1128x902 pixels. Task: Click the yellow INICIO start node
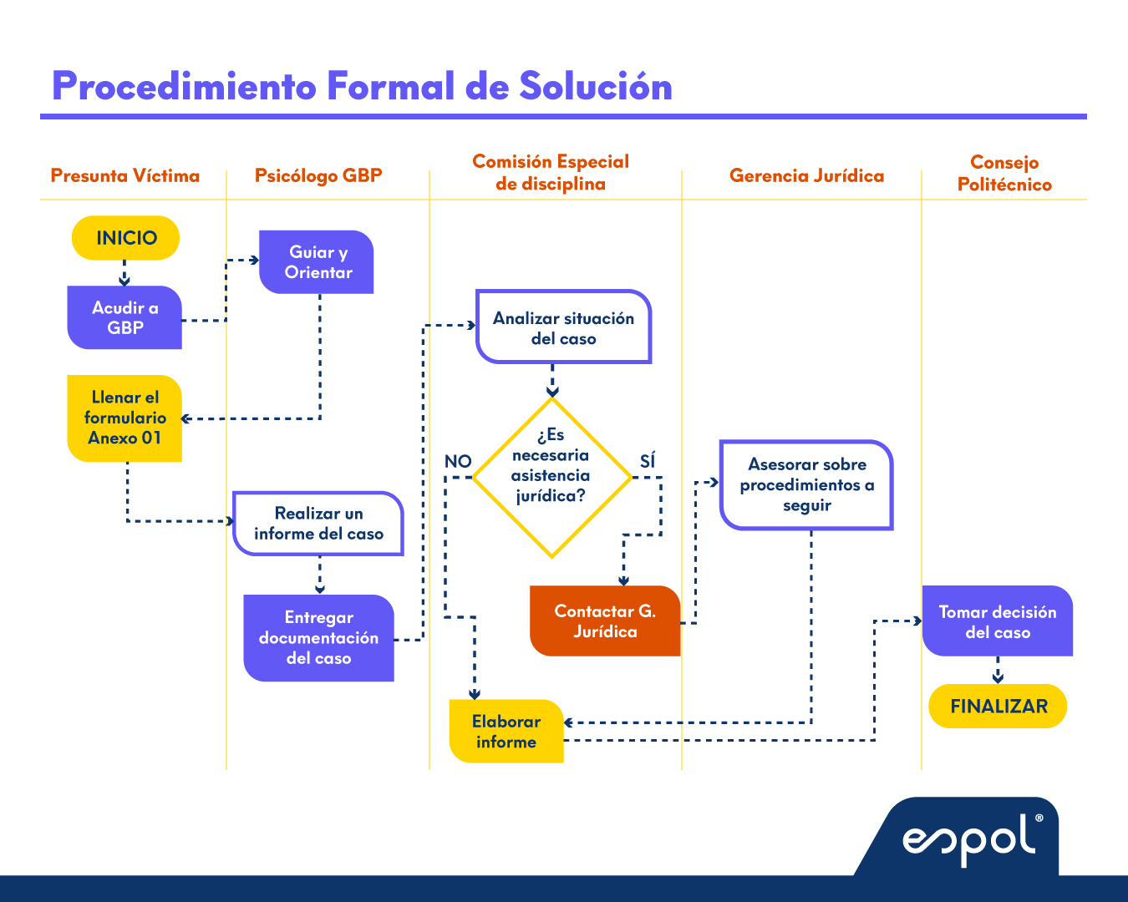(126, 238)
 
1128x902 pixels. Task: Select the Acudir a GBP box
(124, 317)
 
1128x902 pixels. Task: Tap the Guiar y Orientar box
(317, 262)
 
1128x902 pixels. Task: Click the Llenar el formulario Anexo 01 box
(124, 418)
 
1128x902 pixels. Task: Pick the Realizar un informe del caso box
(318, 524)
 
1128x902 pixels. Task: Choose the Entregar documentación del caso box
(318, 638)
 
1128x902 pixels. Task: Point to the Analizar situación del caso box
(563, 327)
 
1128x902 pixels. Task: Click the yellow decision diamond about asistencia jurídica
(551, 477)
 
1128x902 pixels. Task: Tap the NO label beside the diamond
(458, 461)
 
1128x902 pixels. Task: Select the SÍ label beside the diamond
(648, 461)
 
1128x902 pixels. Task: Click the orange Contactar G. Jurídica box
(605, 621)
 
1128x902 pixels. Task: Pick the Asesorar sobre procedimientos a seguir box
(806, 485)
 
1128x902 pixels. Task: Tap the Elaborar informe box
(506, 732)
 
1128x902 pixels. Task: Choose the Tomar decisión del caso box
(997, 621)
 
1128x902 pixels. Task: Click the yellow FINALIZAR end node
(998, 707)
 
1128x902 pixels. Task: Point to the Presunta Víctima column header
(125, 175)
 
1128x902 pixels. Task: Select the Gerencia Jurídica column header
(806, 175)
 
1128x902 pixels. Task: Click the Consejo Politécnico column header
(1004, 174)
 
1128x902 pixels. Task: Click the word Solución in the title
(596, 86)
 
